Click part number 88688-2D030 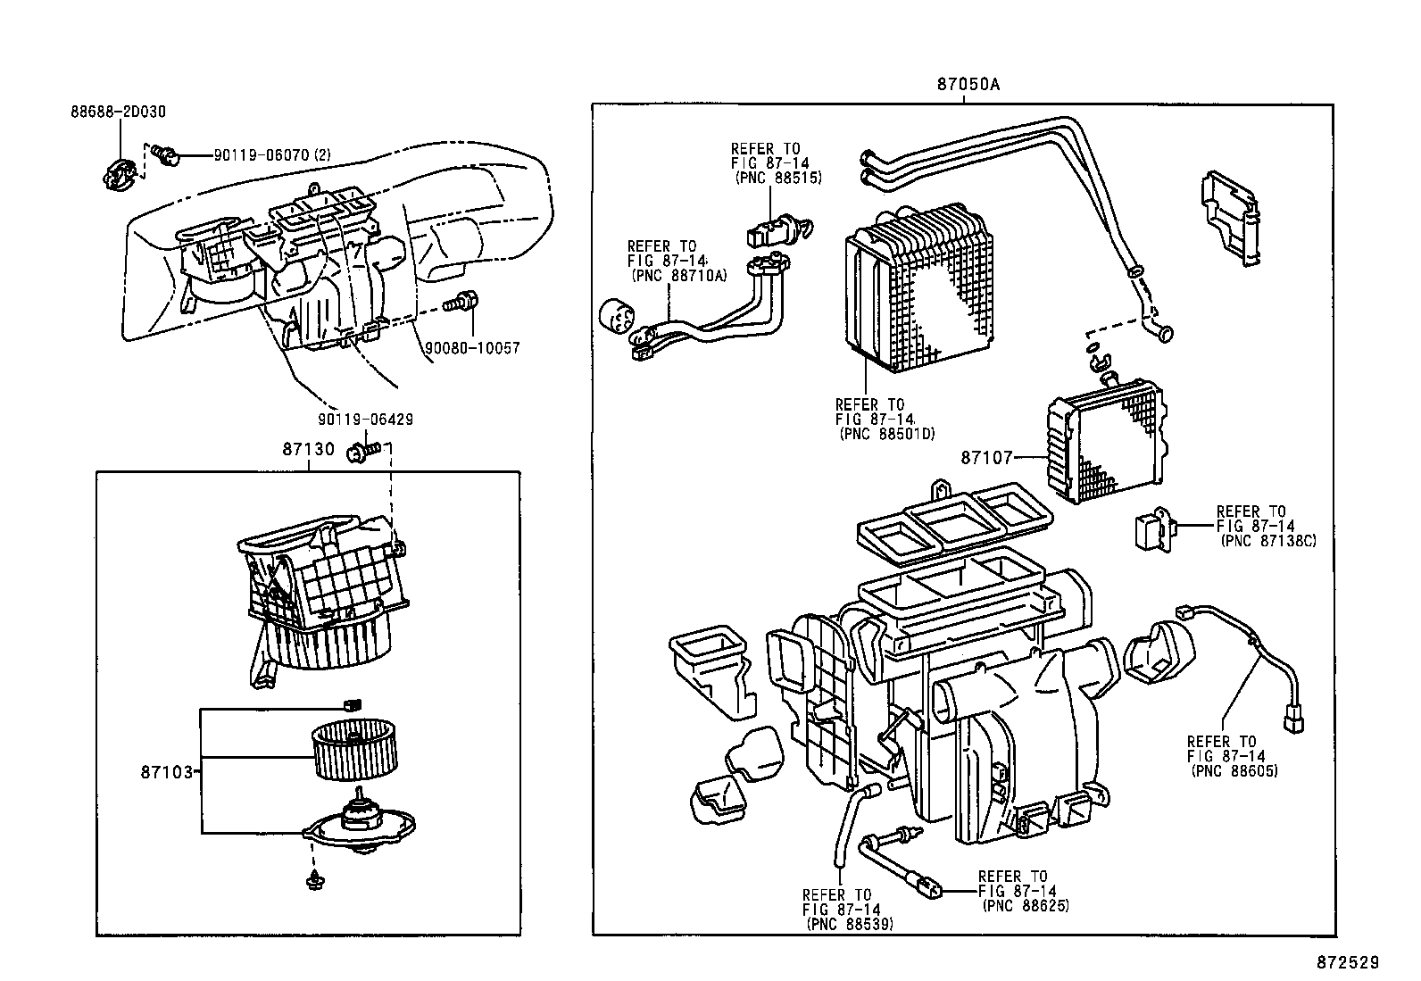(x=118, y=112)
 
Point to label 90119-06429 (x=365, y=419)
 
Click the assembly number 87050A (x=968, y=85)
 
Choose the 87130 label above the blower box (x=308, y=449)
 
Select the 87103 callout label (x=166, y=771)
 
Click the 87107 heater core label (x=986, y=458)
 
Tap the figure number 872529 (x=1349, y=962)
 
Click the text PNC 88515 (x=777, y=178)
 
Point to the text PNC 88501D (x=886, y=434)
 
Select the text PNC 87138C (x=1267, y=541)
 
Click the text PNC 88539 (x=849, y=924)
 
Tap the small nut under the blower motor (x=312, y=881)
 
